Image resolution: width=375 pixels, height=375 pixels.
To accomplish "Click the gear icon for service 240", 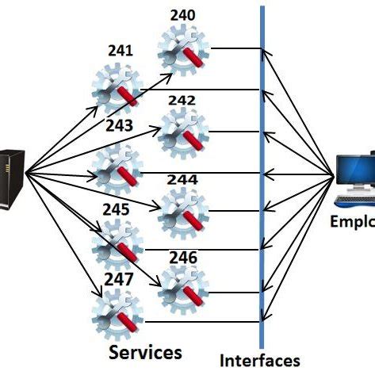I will click(x=183, y=49).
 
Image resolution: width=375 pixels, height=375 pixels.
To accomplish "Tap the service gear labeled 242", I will click(x=183, y=132).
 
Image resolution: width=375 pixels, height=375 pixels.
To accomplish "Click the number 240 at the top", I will click(x=182, y=14).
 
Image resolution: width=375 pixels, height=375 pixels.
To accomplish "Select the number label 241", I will click(x=120, y=52).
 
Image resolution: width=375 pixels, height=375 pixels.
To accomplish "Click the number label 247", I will click(x=118, y=281).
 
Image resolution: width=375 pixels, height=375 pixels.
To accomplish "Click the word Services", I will click(x=145, y=351).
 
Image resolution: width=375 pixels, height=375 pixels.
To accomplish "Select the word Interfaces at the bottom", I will click(x=260, y=360).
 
